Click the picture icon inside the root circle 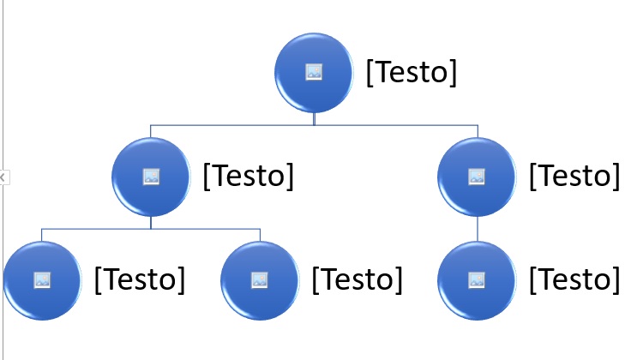(314, 72)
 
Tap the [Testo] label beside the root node (412, 72)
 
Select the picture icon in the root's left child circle (151, 177)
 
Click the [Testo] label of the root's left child (249, 177)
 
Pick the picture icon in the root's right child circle (477, 177)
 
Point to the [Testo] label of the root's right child (574, 177)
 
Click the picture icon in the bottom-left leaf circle (42, 280)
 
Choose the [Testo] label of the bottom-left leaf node (140, 279)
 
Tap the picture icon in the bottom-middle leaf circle (260, 280)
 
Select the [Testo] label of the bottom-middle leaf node (358, 279)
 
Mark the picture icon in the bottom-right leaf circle (477, 280)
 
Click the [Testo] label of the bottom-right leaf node (574, 279)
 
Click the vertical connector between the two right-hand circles (478, 229)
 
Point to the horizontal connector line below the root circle (314, 125)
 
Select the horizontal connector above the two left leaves (151, 229)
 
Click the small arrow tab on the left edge (4, 177)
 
